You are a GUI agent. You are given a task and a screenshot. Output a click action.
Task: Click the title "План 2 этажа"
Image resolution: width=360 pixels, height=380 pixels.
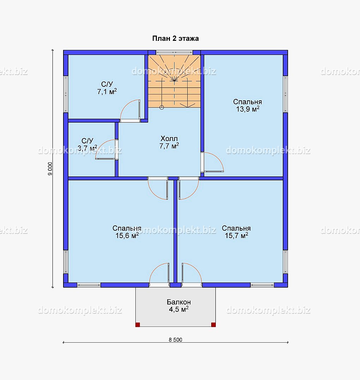point(175,38)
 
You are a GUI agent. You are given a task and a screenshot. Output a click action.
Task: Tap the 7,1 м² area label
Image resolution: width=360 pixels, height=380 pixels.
point(107,92)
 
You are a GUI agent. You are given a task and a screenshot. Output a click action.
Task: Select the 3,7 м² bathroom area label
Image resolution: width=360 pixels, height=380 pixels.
point(87,148)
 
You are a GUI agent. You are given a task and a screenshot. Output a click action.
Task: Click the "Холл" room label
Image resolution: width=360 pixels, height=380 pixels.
point(169,139)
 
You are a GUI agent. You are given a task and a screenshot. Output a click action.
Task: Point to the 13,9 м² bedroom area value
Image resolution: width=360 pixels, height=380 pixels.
point(248,109)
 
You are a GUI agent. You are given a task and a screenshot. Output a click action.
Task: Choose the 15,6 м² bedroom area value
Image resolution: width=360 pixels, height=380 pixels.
point(127,236)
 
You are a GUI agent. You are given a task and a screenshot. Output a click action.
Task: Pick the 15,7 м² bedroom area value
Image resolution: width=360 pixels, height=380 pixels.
point(236,236)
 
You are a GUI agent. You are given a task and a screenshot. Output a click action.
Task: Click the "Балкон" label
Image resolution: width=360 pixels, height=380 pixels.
point(179,302)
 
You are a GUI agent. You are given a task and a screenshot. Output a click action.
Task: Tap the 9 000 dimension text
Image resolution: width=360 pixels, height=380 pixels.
point(50,169)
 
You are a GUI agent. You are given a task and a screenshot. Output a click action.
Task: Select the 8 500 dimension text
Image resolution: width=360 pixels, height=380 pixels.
point(175,340)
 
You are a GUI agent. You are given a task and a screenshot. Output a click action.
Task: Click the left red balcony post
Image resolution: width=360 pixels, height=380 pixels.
point(138,325)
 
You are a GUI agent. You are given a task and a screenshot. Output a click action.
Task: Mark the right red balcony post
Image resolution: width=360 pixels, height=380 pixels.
point(213,325)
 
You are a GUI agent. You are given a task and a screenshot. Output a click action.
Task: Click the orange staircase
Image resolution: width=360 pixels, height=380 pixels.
point(174,81)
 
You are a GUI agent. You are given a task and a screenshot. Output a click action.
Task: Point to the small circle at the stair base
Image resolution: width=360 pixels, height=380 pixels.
point(162,107)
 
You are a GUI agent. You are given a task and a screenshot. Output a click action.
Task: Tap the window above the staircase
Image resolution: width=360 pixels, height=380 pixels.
point(174,52)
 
